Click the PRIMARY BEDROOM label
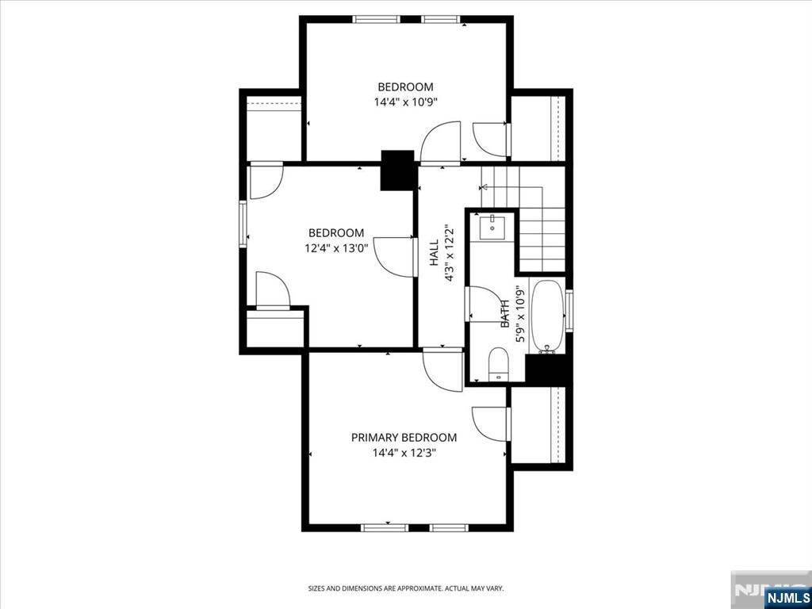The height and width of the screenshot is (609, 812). [x=404, y=438]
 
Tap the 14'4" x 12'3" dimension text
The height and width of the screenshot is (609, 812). [x=404, y=454]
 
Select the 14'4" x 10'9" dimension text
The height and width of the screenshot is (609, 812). [x=405, y=102]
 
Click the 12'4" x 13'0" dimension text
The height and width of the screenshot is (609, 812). [x=336, y=248]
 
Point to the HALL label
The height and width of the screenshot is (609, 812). [x=435, y=254]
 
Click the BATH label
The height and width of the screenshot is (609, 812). [x=504, y=312]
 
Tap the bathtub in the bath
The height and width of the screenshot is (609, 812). [x=546, y=316]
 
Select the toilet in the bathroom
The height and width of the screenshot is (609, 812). [x=498, y=364]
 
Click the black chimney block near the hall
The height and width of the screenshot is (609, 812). [x=397, y=170]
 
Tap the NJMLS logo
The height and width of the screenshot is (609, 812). [x=787, y=597]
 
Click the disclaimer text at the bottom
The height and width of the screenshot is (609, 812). [x=405, y=588]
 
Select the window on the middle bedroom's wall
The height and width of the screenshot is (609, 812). [x=243, y=224]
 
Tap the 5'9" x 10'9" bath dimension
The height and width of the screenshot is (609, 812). [x=521, y=313]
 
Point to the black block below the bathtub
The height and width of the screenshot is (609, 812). [x=546, y=370]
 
